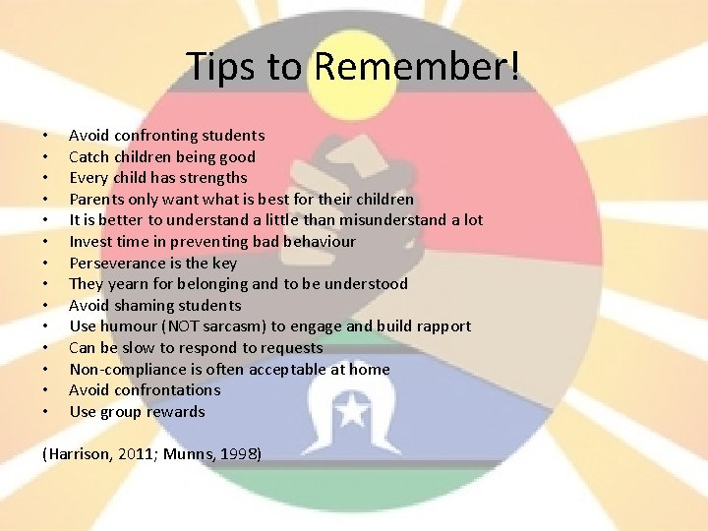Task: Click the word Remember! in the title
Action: pyautogui.click(x=417, y=67)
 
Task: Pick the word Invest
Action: pyautogui.click(x=89, y=241)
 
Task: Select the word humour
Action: pyautogui.click(x=130, y=326)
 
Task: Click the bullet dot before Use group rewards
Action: pyautogui.click(x=45, y=411)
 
